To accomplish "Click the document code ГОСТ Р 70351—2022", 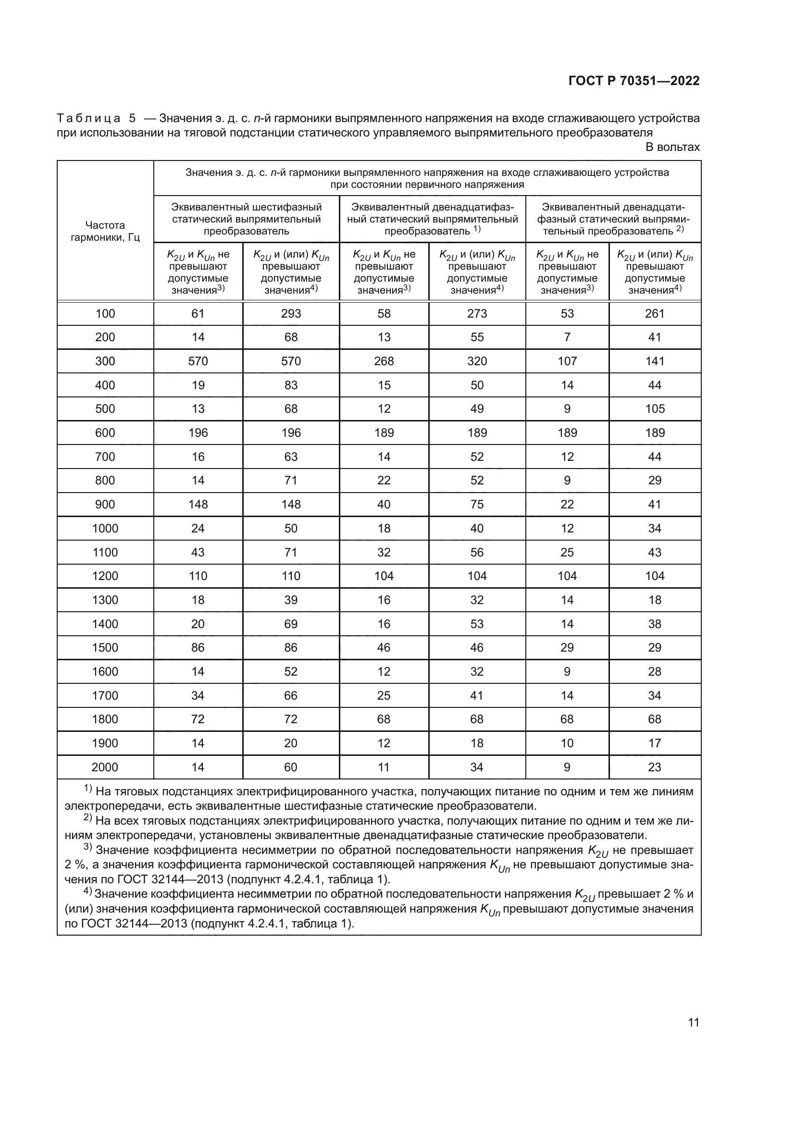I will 634,81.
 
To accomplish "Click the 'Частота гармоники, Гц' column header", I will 105,231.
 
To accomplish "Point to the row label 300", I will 105,361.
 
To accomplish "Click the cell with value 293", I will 291,313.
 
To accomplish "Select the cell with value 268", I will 384,361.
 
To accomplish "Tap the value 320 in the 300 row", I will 477,361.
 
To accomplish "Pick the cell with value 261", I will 655,313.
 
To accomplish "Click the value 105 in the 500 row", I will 655,409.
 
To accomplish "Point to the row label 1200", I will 105,576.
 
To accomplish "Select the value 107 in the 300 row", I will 567,361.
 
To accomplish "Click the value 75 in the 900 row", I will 477,504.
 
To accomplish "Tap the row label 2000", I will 105,767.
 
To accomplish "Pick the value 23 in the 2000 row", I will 655,767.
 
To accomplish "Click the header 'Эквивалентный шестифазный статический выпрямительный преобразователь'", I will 246,219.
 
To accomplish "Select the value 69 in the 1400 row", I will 291,624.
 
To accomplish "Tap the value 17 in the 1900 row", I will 655,743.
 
